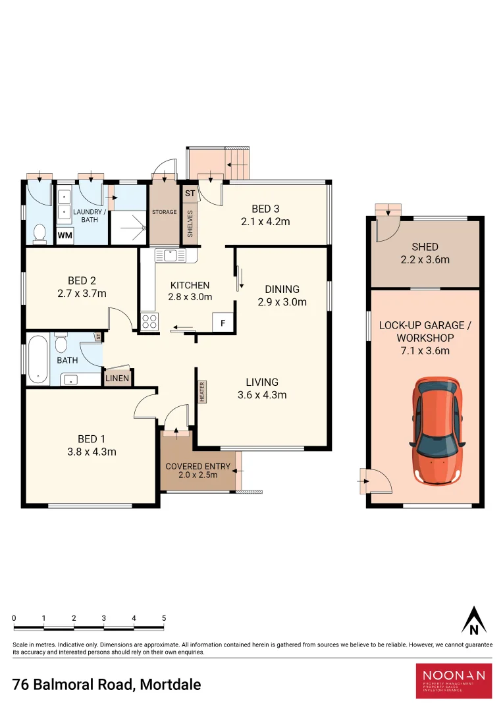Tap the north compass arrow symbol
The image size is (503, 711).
tap(473, 620)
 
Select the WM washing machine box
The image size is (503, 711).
tap(65, 235)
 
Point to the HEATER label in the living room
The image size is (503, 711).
tap(202, 392)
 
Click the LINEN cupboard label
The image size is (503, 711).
tap(118, 378)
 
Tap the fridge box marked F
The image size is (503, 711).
tap(223, 323)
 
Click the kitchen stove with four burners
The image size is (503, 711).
tap(149, 321)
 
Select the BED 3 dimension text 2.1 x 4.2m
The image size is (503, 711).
tap(265, 222)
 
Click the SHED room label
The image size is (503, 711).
tap(425, 247)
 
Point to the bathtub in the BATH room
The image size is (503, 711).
tap(38, 359)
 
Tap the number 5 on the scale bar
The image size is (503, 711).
tap(164, 618)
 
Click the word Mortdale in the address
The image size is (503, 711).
tap(171, 684)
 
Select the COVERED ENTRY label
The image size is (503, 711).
tap(198, 467)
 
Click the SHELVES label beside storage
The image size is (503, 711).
tap(190, 223)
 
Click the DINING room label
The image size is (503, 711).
tap(282, 289)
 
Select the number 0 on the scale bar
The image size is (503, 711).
tap(14, 618)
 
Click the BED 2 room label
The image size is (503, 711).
tap(82, 280)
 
